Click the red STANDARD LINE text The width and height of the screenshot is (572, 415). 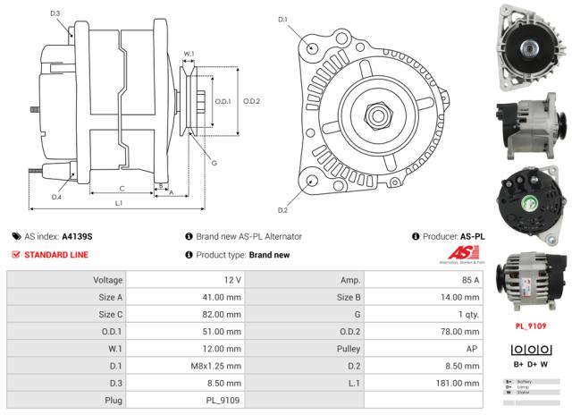pyautogui.click(x=55, y=255)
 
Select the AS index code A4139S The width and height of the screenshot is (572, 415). pyautogui.click(x=76, y=236)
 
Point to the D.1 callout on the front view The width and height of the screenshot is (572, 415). pyautogui.click(x=283, y=19)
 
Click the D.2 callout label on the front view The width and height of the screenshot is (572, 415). pyautogui.click(x=282, y=210)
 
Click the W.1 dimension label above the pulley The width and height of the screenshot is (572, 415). pyautogui.click(x=189, y=55)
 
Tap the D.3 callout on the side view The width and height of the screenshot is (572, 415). pyautogui.click(x=55, y=13)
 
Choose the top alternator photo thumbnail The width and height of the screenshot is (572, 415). pyautogui.click(x=531, y=44)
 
